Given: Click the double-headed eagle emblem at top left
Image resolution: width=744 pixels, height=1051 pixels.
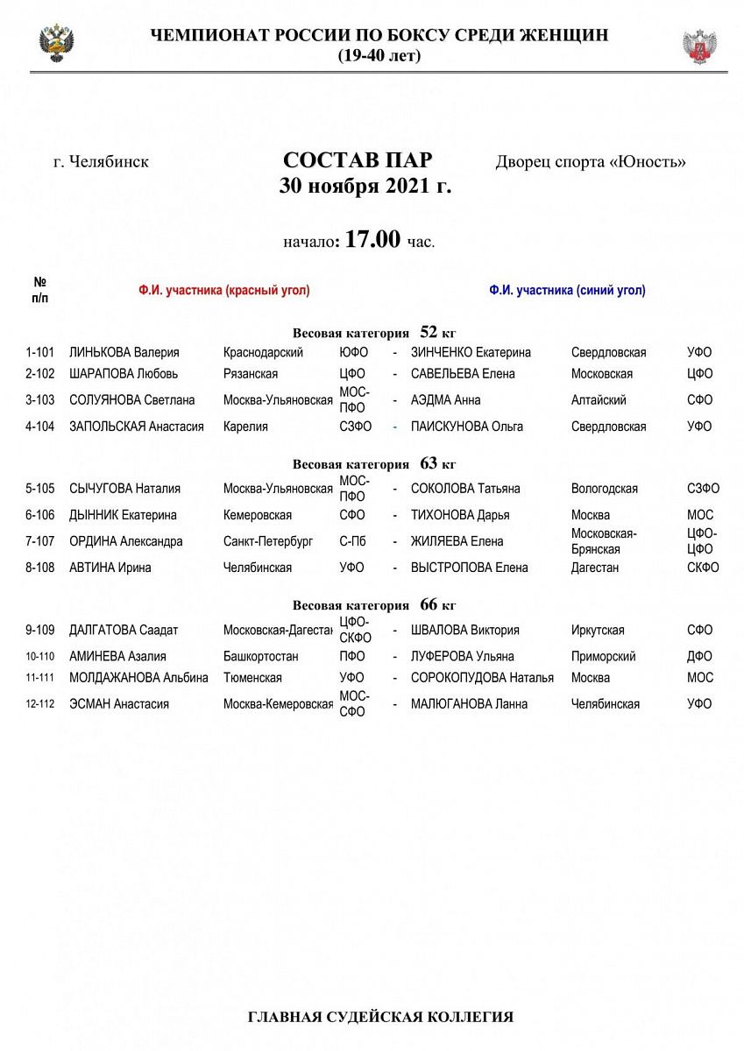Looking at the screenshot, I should coord(57,43).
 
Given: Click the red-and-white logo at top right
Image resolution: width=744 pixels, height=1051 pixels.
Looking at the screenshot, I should coord(699,46).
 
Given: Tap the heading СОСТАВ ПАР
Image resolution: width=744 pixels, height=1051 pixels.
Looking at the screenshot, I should coord(358,161).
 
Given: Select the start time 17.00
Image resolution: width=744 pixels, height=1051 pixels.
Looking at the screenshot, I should coord(372,239).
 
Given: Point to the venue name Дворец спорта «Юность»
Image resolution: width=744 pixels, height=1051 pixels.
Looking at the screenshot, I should coord(591,162).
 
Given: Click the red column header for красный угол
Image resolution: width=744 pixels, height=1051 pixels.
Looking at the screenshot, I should coord(223,291).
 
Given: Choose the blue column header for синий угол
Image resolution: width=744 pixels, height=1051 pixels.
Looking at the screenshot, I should coord(567,291).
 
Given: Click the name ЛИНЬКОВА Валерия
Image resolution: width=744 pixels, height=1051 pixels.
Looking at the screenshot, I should coord(124,352).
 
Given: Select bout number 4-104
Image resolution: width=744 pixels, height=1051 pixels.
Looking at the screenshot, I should coord(40,427).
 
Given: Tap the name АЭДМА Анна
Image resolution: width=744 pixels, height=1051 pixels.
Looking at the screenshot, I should coord(446,400).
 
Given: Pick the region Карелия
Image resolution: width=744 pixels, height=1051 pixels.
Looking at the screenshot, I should coord(245,427).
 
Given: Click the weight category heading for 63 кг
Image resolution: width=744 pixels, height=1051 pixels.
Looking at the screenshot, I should coord(374,464).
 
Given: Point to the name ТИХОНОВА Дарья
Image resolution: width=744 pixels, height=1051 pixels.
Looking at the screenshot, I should coord(460,515).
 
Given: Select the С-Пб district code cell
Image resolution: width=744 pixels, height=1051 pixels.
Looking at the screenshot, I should coord(352,541).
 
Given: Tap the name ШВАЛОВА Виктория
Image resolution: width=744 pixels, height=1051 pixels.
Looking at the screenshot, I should coord(465,630).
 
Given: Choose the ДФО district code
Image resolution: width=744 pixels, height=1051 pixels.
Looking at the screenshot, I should coord(699,656).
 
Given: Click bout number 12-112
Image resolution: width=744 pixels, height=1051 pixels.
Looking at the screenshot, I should coord(41,704).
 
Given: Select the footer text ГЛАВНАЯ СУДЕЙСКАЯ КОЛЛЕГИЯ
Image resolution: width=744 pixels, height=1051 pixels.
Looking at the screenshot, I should coord(380,1017).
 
